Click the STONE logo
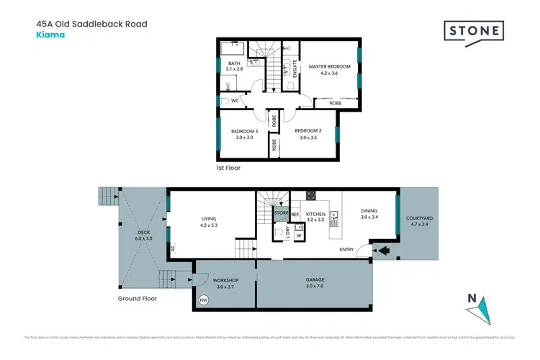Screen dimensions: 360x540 pyautogui.click(x=472, y=32)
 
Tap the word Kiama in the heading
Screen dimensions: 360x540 pyautogui.click(x=48, y=34)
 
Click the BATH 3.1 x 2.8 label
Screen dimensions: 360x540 pyautogui.click(x=234, y=66)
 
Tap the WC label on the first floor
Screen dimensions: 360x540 pyautogui.click(x=234, y=101)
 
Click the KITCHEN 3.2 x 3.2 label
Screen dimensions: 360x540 pyautogui.click(x=315, y=217)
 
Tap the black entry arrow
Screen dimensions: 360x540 pyautogui.click(x=382, y=251)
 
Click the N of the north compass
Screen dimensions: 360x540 pyautogui.click(x=472, y=299)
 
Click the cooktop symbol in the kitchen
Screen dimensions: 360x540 pyautogui.click(x=311, y=195)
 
